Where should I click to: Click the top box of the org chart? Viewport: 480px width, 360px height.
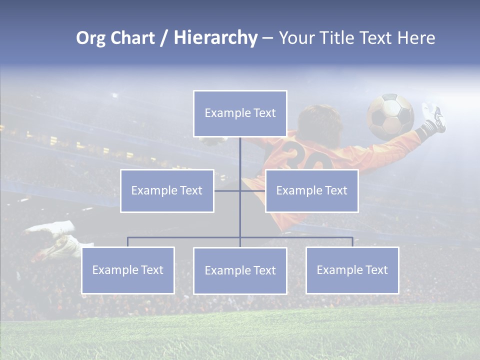tap(240, 113)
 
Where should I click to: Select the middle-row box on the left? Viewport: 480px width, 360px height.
tap(167, 191)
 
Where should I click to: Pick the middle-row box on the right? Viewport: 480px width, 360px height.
tap(311, 191)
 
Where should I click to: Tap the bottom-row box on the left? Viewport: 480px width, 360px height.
tap(128, 270)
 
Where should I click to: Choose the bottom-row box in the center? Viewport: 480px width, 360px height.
tap(240, 271)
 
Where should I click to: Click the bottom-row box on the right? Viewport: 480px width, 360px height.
tap(352, 270)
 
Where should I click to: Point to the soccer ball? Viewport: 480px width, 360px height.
tap(390, 116)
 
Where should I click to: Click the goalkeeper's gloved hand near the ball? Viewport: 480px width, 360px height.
tap(433, 116)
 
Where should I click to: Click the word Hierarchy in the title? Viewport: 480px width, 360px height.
tap(215, 37)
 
